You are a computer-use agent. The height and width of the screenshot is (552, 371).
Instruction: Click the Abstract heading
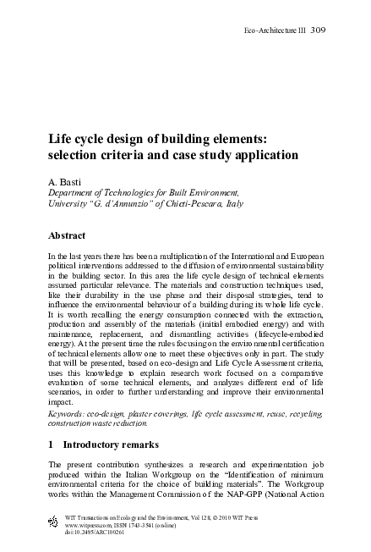(x=68, y=238)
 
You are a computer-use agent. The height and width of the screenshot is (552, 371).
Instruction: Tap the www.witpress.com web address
(x=90, y=524)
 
